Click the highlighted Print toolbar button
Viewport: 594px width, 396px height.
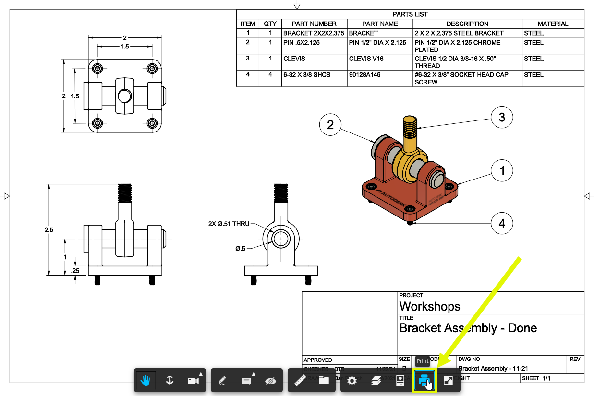pos(424,381)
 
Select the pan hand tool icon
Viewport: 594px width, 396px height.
pos(145,381)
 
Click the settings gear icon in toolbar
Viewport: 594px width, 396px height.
pos(352,381)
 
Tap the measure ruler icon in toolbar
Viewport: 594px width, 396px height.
pos(300,381)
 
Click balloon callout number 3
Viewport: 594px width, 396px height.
pos(502,118)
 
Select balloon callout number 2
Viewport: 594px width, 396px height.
pos(330,125)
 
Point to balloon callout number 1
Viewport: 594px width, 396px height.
pos(502,170)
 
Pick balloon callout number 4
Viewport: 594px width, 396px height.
pos(502,223)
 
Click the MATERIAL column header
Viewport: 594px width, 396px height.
pos(553,24)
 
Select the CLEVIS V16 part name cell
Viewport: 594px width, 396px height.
pos(366,59)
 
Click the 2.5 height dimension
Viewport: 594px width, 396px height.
pos(49,230)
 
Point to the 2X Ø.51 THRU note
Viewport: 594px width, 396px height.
pos(229,224)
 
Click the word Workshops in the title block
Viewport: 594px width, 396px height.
pos(430,306)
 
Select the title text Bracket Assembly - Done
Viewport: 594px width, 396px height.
pos(468,328)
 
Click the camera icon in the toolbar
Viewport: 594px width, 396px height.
pos(193,381)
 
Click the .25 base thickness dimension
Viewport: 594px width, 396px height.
pos(75,270)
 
